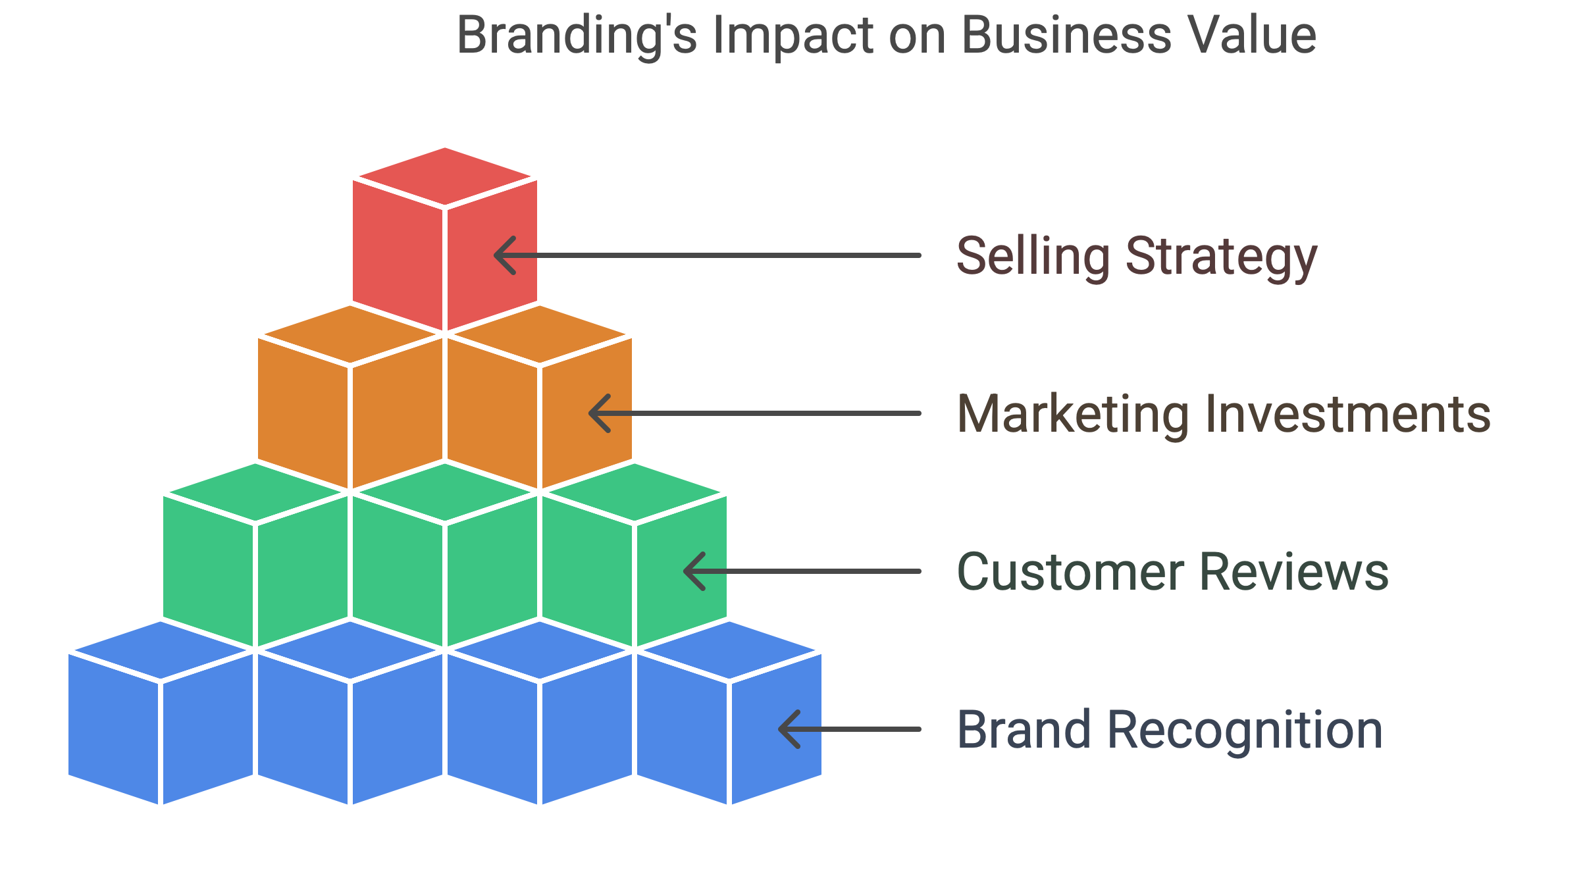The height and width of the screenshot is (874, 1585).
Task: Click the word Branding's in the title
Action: point(577,37)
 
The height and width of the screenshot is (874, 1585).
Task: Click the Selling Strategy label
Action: point(1137,257)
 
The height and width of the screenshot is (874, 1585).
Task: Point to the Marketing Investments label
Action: point(1224,414)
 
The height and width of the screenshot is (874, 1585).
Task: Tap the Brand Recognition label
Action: point(1170,730)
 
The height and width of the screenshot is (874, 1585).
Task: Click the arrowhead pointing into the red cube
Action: point(505,255)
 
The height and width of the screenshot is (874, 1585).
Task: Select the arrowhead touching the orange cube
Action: point(600,413)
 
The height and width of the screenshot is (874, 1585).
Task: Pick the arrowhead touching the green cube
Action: point(694,571)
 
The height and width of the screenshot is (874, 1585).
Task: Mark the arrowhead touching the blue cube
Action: point(789,729)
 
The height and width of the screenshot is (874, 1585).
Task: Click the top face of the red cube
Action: point(445,176)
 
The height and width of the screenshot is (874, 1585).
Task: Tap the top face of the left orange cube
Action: point(350,334)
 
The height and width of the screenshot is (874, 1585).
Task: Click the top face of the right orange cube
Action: point(540,334)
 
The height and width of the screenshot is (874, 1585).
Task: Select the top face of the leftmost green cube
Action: point(255,492)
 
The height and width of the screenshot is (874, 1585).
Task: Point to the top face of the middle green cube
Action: point(445,492)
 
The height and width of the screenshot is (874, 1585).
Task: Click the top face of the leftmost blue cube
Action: point(161,650)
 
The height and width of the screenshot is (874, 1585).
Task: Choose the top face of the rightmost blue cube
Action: point(729,650)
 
